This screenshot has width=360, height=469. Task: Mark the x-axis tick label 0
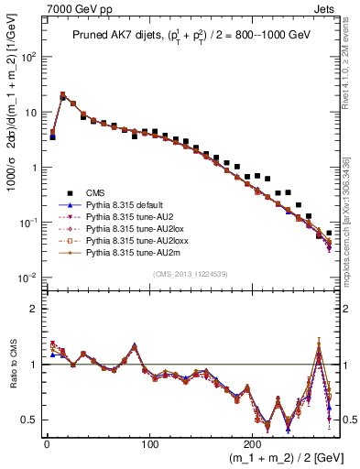pyautogui.click(x=47, y=442)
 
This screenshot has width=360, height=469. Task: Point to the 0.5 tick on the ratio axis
pyautogui.click(x=31, y=420)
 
